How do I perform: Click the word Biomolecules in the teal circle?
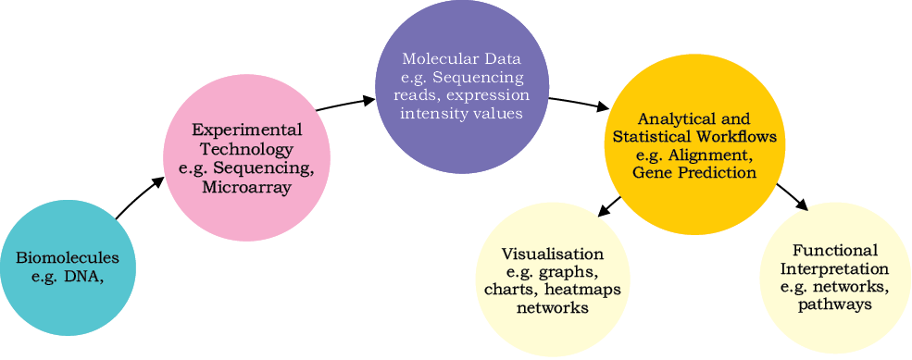(68, 257)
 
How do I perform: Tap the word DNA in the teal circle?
(84, 277)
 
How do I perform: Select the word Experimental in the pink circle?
(246, 130)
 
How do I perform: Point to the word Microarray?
(246, 188)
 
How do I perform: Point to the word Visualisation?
(552, 254)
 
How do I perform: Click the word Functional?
(834, 251)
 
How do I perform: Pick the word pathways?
(834, 304)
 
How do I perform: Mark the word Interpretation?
(834, 268)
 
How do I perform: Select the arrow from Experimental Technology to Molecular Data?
(345, 103)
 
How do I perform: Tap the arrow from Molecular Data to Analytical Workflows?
(578, 103)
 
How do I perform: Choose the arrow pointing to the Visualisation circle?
(609, 207)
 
